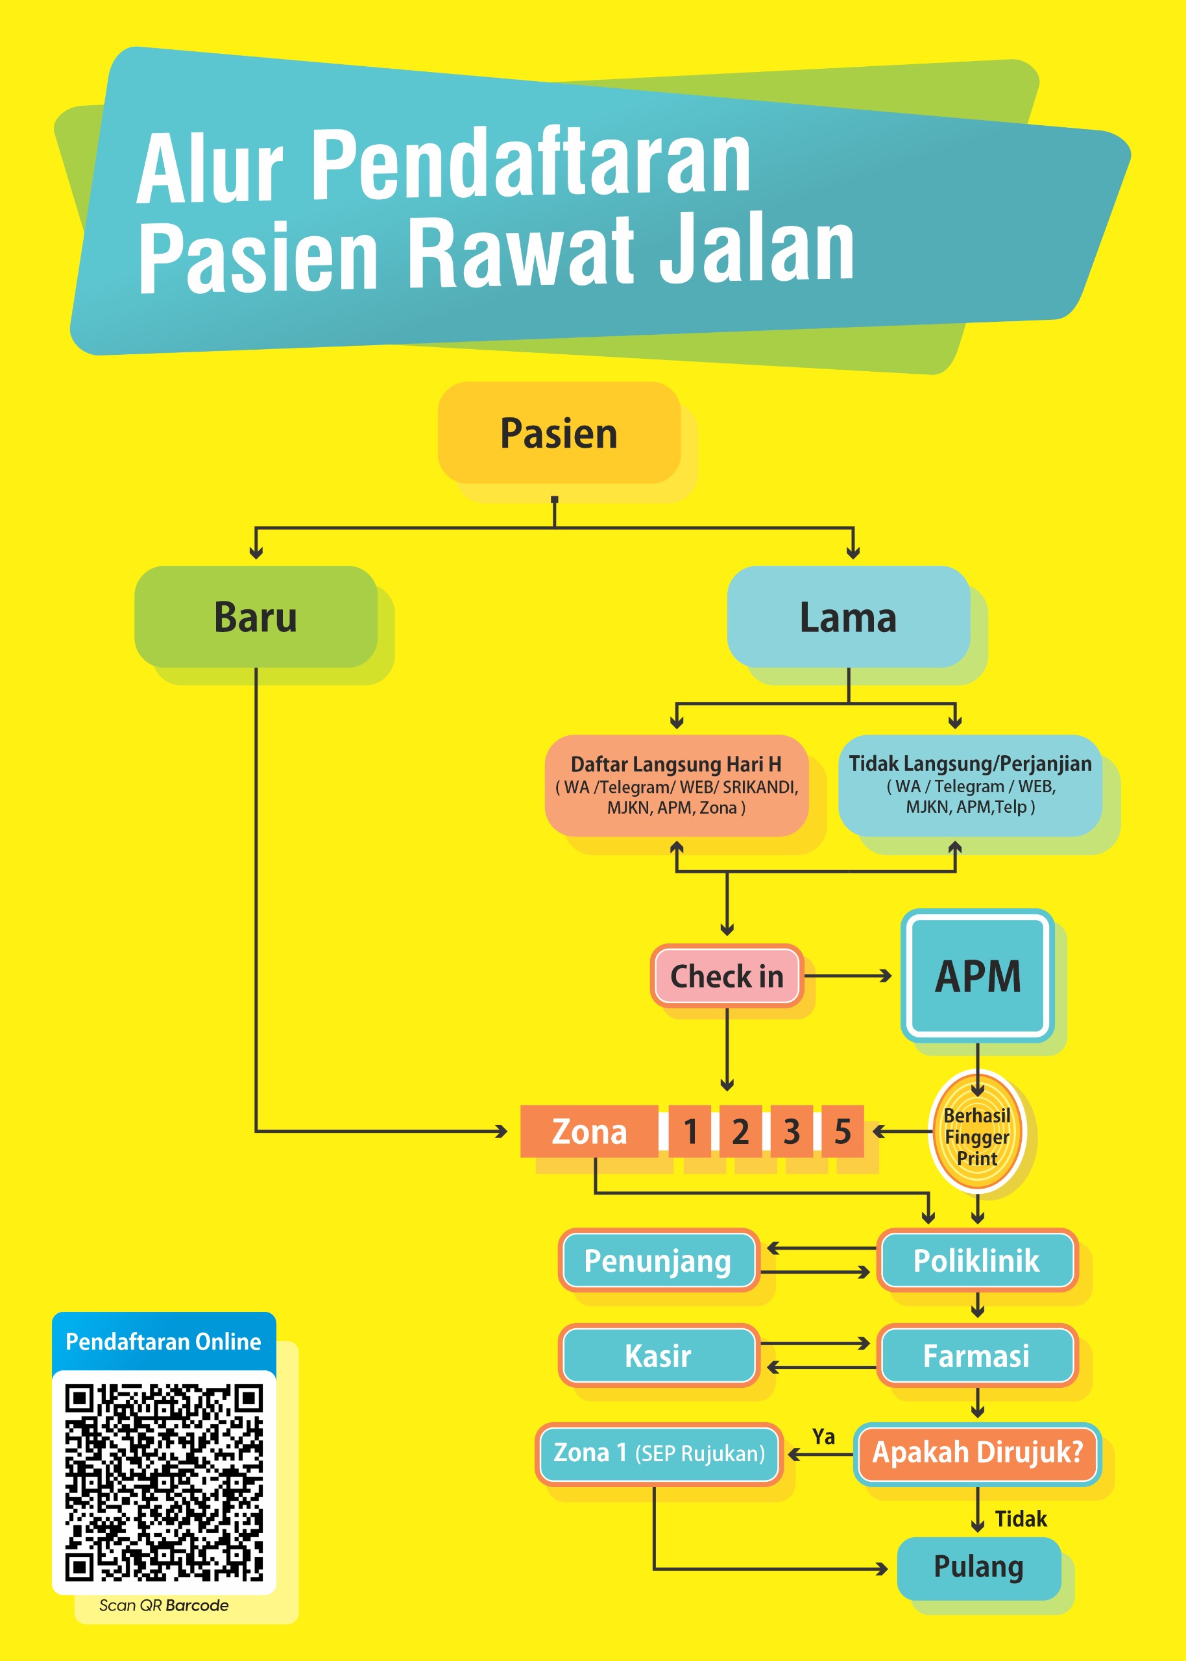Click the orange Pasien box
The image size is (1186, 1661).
tap(559, 432)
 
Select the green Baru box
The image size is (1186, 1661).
tap(256, 616)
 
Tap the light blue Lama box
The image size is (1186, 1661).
tap(849, 616)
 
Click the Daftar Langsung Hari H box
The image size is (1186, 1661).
tap(676, 785)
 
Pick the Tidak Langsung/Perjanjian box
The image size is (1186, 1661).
tap(970, 785)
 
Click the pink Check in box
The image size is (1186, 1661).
tap(727, 975)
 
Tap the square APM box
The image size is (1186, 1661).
tap(978, 975)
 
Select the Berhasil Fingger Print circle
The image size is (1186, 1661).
tap(977, 1132)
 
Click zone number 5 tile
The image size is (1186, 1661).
tap(843, 1131)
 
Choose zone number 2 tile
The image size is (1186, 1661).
tap(741, 1131)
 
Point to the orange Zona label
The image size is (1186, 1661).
tap(589, 1131)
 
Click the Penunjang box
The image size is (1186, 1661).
tap(659, 1260)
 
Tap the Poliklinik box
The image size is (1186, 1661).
tap(977, 1260)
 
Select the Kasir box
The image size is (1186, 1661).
tap(659, 1355)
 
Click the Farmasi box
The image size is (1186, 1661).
tap(977, 1355)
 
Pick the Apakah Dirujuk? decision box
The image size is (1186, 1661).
tap(977, 1452)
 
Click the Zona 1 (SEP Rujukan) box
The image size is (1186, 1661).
tap(659, 1452)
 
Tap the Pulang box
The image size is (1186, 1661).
tap(978, 1567)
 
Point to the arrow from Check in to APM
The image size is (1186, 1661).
tap(848, 975)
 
